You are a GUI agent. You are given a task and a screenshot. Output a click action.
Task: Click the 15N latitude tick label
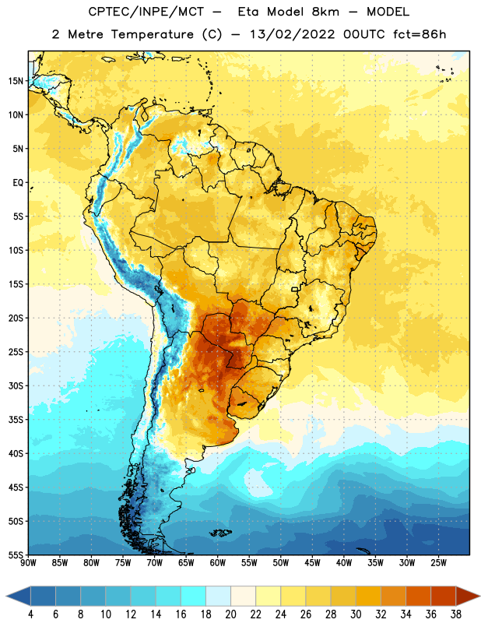click(16, 81)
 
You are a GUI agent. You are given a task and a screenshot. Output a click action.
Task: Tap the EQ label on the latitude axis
click(18, 183)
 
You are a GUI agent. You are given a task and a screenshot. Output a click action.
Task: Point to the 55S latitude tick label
click(16, 555)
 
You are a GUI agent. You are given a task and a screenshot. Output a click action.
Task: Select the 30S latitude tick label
click(16, 385)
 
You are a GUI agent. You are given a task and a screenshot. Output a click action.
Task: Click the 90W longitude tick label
click(28, 563)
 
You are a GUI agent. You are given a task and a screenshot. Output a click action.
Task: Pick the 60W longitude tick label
click(217, 563)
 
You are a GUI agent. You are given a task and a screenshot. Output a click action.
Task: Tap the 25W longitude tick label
click(438, 563)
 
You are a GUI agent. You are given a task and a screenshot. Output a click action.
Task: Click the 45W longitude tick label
click(312, 563)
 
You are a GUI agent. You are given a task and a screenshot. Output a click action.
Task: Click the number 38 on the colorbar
click(456, 614)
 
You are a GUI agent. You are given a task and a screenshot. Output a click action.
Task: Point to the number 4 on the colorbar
click(30, 614)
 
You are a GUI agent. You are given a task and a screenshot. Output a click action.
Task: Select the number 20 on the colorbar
click(230, 614)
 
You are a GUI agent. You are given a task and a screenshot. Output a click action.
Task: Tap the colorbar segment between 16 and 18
click(193, 596)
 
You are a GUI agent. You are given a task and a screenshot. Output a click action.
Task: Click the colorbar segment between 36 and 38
click(444, 596)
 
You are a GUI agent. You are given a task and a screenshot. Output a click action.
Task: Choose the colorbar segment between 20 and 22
click(243, 596)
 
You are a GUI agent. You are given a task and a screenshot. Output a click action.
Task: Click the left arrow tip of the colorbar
click(6, 597)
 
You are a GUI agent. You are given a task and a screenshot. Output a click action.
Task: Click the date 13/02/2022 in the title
click(293, 34)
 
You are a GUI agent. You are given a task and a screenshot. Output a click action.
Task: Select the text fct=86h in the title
click(420, 34)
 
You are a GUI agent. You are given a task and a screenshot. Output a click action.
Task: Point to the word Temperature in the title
click(152, 34)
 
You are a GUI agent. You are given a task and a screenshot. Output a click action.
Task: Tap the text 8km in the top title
click(325, 12)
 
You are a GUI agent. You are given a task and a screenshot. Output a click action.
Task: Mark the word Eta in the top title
click(248, 12)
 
